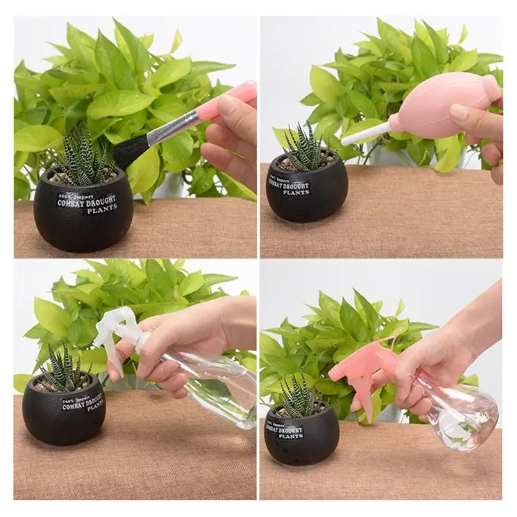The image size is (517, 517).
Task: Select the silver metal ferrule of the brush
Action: point(171,127)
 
